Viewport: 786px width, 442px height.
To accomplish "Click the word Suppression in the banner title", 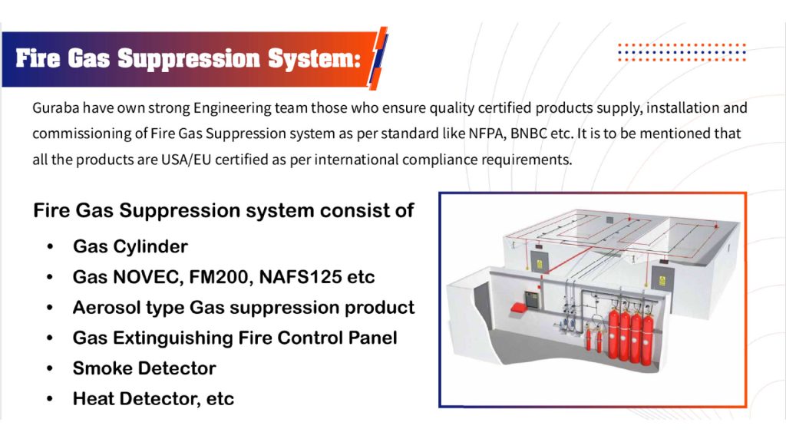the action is pyautogui.click(x=189, y=58).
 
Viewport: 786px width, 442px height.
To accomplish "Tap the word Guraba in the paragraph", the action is pyautogui.click(x=55, y=107).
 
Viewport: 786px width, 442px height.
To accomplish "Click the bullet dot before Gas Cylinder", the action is pyautogui.click(x=50, y=246).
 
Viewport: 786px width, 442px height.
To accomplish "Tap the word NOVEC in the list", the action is pyautogui.click(x=148, y=277).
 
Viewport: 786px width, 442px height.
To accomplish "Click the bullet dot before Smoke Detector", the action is pyautogui.click(x=50, y=368).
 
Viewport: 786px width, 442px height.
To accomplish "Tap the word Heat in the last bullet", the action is pyautogui.click(x=93, y=399).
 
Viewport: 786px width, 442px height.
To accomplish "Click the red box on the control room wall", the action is pyautogui.click(x=520, y=307).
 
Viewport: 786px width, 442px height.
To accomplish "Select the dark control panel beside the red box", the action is pyautogui.click(x=531, y=299).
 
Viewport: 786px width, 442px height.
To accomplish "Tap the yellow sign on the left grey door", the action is pyautogui.click(x=540, y=264).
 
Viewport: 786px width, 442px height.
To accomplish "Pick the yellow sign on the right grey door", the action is pyautogui.click(x=662, y=281).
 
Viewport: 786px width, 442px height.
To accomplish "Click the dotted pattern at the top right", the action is pyautogui.click(x=682, y=53).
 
